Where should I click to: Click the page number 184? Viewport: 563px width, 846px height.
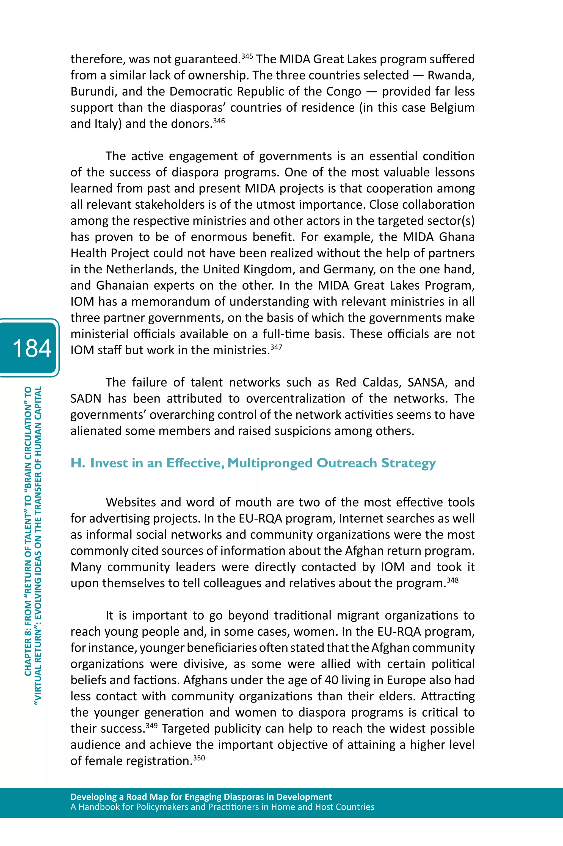pyautogui.click(x=32, y=348)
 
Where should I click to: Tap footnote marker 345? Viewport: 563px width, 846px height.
pyautogui.click(x=247, y=56)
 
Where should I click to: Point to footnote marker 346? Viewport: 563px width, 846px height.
pyautogui.click(x=219, y=121)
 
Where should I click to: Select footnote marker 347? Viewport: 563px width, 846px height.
pyautogui.click(x=276, y=347)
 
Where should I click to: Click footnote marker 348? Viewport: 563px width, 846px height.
pyautogui.click(x=452, y=580)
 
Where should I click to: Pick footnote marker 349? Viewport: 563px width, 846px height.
pyautogui.click(x=151, y=725)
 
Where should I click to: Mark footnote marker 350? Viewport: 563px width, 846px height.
pyautogui.click(x=199, y=758)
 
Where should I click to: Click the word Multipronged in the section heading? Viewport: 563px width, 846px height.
pyautogui.click(x=270, y=463)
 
